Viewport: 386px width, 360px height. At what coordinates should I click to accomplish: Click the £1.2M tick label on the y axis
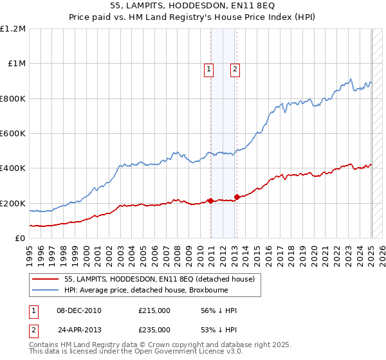13,28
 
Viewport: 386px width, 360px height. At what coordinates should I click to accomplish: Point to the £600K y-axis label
13,133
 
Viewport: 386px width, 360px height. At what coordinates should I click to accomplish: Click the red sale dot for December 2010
210,201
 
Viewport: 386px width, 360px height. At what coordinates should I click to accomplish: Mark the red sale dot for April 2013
237,197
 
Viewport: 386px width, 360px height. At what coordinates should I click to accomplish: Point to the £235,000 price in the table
154,330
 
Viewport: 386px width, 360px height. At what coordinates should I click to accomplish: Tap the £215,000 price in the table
154,310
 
